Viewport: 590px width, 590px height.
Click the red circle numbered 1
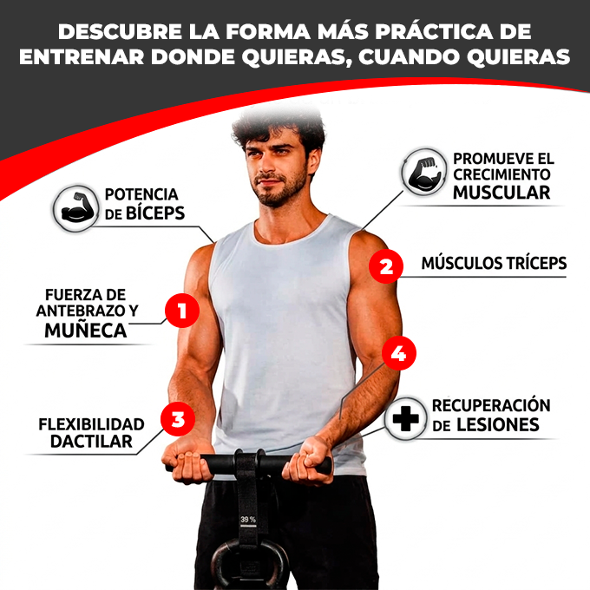point(181,311)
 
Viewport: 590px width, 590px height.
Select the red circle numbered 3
point(178,420)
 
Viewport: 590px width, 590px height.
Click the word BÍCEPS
point(153,213)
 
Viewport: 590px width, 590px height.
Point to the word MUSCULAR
point(501,193)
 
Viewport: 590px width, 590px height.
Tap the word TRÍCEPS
point(530,263)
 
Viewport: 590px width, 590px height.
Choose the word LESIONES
point(498,425)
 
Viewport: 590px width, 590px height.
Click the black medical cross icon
point(403,418)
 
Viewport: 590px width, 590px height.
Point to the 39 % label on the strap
point(248,520)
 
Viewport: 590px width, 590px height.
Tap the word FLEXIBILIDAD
point(91,424)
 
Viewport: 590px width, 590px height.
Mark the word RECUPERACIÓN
point(491,405)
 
